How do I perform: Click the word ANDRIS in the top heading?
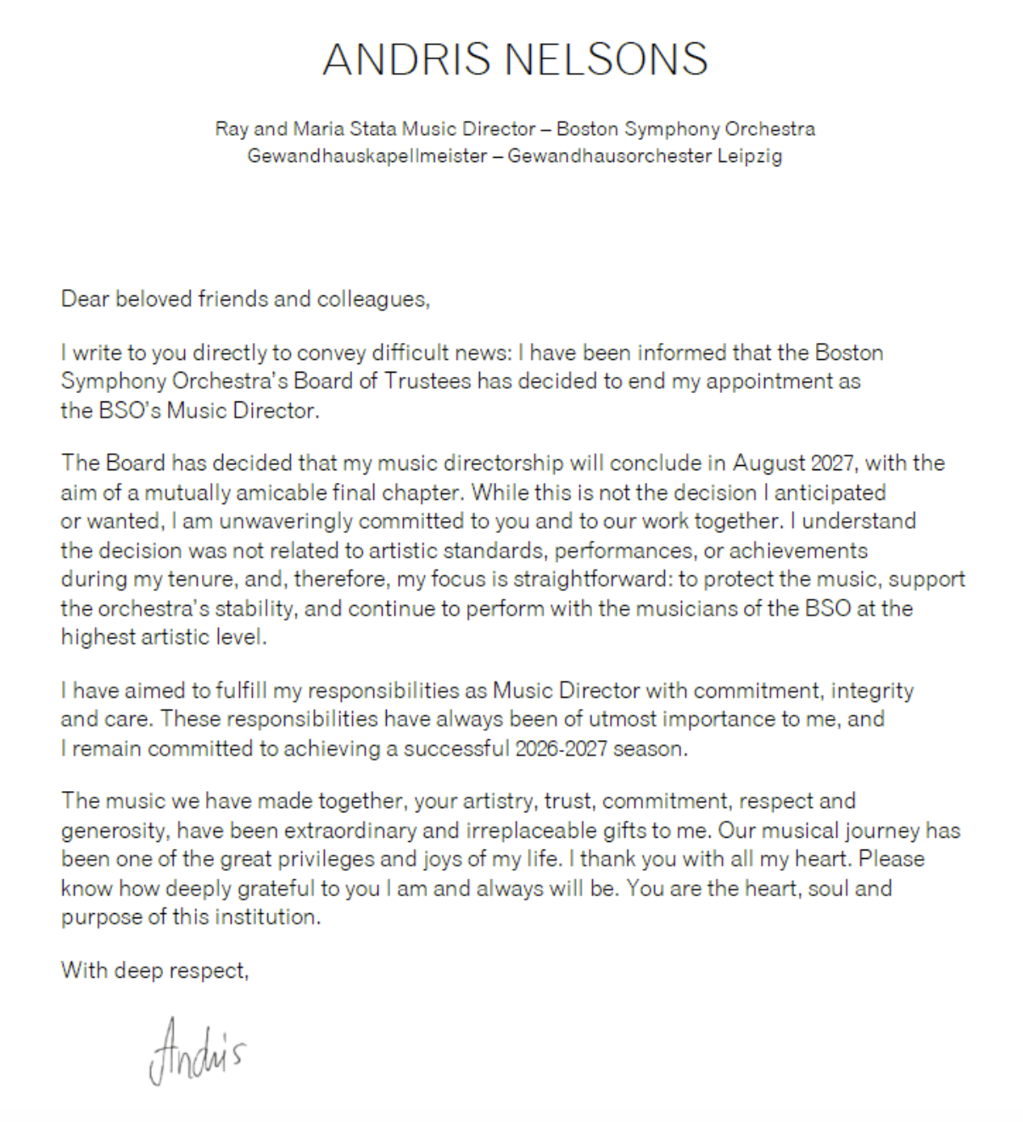point(405,59)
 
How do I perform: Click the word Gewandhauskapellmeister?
point(366,156)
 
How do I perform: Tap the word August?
point(769,463)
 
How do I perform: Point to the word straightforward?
point(590,579)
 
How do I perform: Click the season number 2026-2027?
point(567,749)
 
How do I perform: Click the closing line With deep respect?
point(154,969)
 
